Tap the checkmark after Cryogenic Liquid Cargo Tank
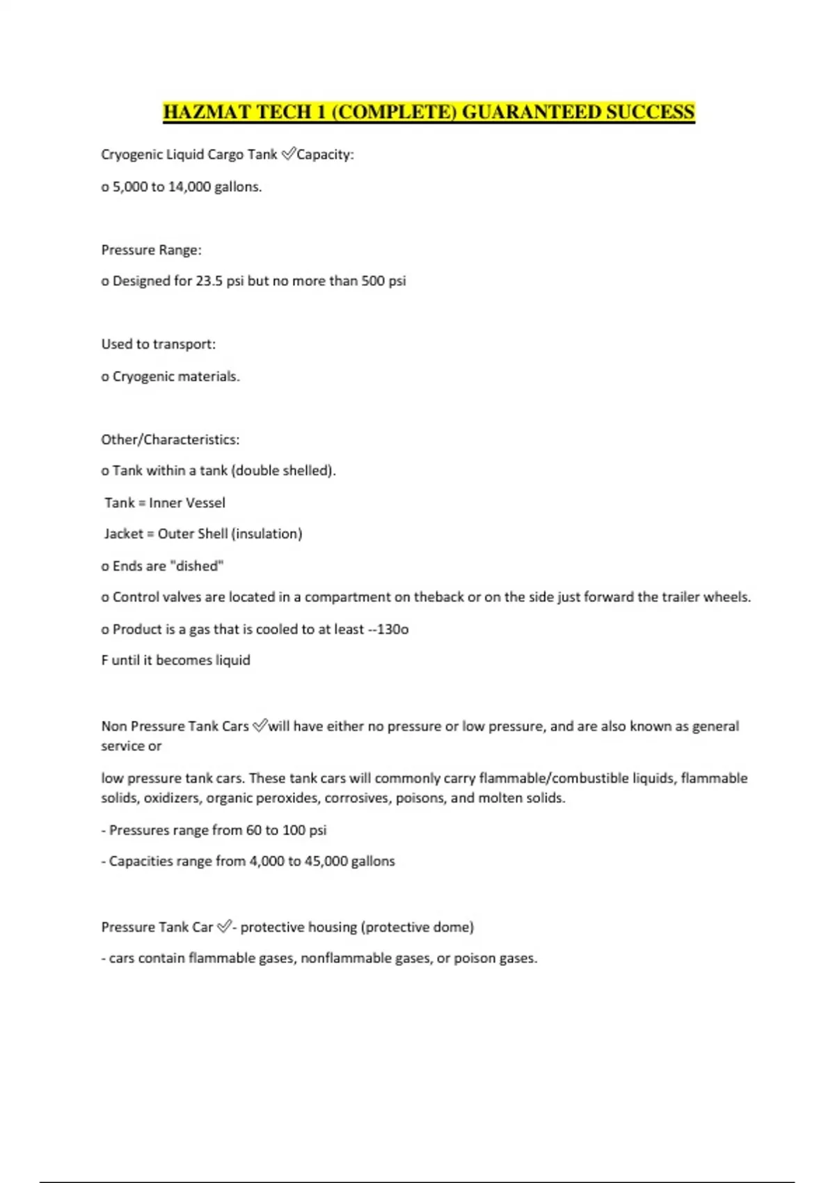[288, 154]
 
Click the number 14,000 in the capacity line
[190, 186]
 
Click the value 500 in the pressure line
[373, 281]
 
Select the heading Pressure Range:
[151, 250]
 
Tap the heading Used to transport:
[158, 344]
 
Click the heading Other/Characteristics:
[170, 440]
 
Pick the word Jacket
[124, 534]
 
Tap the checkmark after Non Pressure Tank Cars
[260, 726]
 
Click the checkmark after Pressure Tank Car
[224, 927]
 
